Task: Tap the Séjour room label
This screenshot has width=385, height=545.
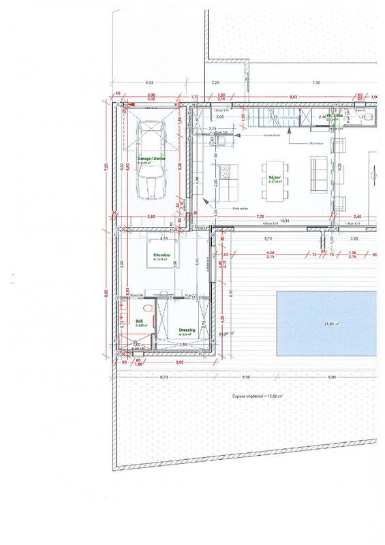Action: (x=275, y=178)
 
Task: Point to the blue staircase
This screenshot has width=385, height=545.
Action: (x=271, y=117)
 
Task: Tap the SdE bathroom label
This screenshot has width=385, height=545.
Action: (x=140, y=322)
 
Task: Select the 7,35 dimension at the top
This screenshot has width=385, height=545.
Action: (x=315, y=82)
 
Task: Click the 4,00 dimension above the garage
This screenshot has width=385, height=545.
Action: (x=149, y=82)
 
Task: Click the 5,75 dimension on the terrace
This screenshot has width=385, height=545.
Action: (x=268, y=239)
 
